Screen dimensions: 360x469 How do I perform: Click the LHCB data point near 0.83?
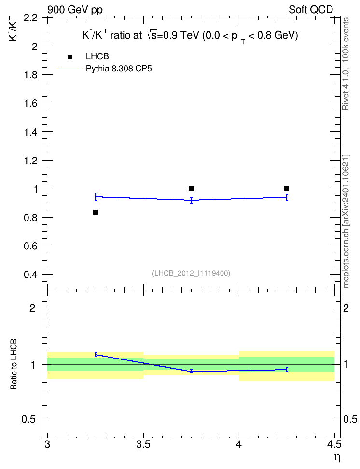pyautogui.click(x=96, y=212)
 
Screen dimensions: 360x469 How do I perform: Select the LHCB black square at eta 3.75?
pyautogui.click(x=191, y=188)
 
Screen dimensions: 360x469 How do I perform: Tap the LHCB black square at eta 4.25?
pyautogui.click(x=287, y=188)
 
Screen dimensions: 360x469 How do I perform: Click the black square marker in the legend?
pyautogui.click(x=70, y=57)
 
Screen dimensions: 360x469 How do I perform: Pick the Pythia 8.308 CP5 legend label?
pyautogui.click(x=119, y=69)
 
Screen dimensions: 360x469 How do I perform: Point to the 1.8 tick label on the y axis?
pyautogui.click(x=31, y=75)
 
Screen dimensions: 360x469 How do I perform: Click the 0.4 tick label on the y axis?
pyautogui.click(x=31, y=275)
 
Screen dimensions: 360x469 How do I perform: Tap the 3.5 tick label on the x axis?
pyautogui.click(x=143, y=444)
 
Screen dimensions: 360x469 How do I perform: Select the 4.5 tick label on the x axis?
pyautogui.click(x=334, y=444)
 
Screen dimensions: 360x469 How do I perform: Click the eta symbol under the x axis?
pyautogui.click(x=337, y=458)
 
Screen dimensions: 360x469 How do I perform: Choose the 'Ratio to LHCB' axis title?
pyautogui.click(x=14, y=364)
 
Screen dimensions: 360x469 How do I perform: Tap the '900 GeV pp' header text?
pyautogui.click(x=75, y=10)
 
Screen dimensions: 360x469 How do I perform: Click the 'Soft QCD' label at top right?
pyautogui.click(x=311, y=10)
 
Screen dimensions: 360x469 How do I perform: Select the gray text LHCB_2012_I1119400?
pyautogui.click(x=191, y=273)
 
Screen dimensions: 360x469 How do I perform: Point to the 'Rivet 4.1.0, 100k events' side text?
pyautogui.click(x=346, y=64)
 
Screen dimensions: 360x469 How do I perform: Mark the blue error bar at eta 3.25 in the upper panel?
pyautogui.click(x=96, y=196)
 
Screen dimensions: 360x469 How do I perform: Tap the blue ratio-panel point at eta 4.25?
pyautogui.click(x=287, y=370)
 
